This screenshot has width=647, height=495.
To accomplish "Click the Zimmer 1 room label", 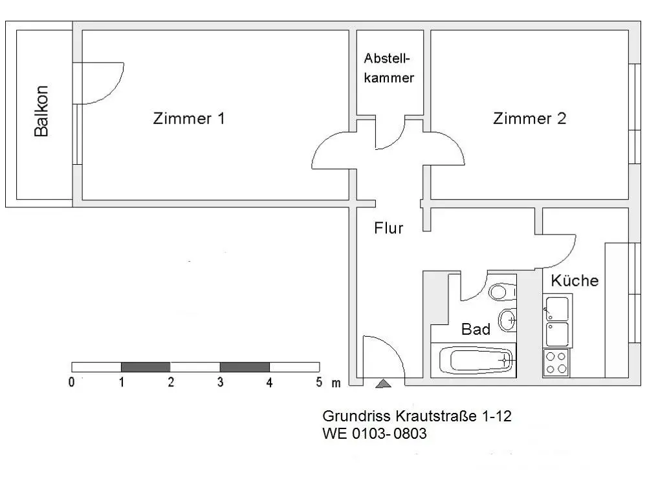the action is click(x=189, y=119).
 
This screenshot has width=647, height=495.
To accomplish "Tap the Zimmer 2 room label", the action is click(x=529, y=119).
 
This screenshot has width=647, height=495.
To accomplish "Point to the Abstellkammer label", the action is click(x=388, y=68).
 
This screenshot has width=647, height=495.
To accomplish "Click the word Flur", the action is click(x=389, y=228).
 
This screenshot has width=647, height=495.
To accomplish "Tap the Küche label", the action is click(x=575, y=281).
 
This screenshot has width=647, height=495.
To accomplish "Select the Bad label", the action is click(x=476, y=329).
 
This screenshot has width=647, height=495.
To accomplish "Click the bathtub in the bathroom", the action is click(x=476, y=359).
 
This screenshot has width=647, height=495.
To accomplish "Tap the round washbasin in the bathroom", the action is click(x=508, y=319).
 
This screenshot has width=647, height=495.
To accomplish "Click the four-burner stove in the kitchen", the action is click(x=556, y=363).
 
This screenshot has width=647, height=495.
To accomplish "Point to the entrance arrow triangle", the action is click(x=384, y=384).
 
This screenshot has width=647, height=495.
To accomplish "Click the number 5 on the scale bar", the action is click(x=319, y=383).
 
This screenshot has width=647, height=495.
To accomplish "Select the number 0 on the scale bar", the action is click(x=72, y=383).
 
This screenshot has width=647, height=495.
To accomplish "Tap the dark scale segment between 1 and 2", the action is click(x=146, y=367).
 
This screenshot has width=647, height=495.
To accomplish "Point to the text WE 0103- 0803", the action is click(x=375, y=434).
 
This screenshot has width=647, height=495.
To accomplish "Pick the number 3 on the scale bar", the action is click(x=220, y=383).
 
